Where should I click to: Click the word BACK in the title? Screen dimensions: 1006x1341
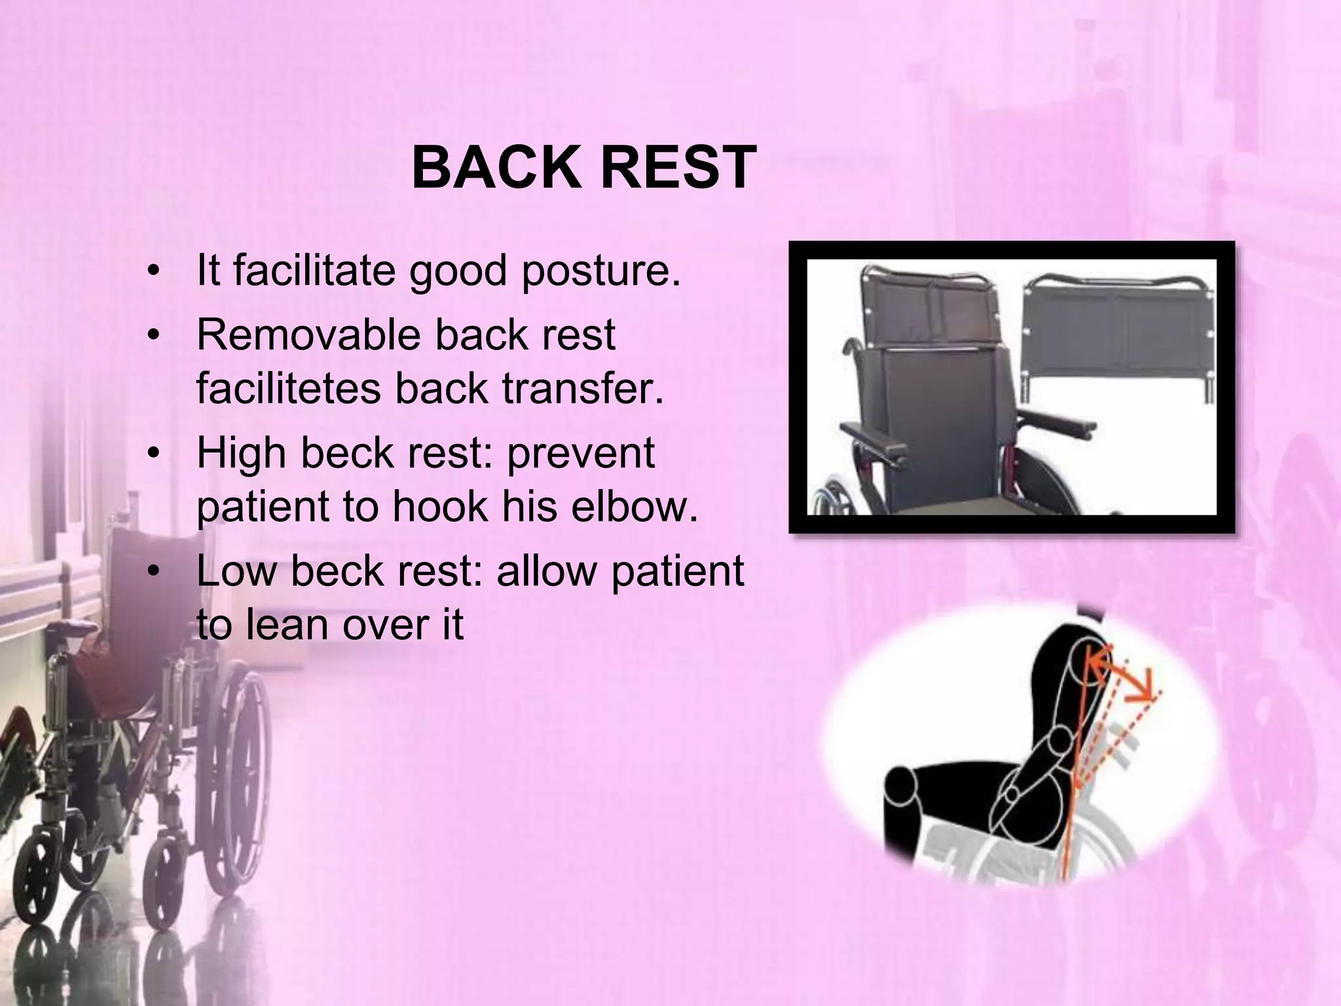point(497,168)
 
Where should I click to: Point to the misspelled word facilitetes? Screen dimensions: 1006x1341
point(287,388)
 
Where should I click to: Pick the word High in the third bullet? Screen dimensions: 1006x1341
point(241,453)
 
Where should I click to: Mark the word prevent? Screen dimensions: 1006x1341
point(581,453)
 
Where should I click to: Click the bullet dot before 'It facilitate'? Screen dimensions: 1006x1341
point(155,273)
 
